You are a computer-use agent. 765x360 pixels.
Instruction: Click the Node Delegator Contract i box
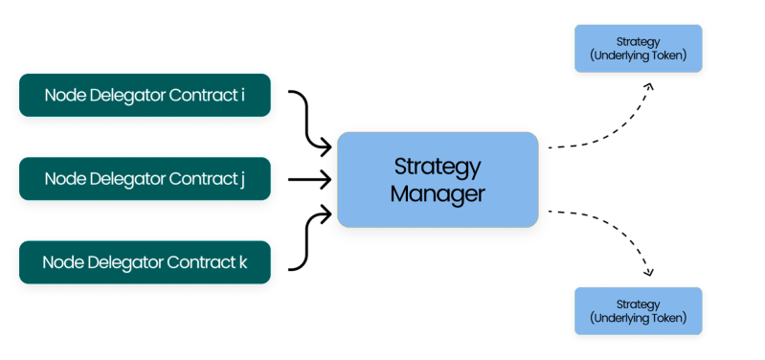[144, 95]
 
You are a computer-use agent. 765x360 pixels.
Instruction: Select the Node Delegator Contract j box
[144, 178]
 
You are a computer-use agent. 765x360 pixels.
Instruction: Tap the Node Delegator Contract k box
[144, 260]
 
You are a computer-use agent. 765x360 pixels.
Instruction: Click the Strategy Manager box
[437, 179]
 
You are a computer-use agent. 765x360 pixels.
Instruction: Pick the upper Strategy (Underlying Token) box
[637, 50]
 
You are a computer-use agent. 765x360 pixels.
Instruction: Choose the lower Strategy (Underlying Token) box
[637, 310]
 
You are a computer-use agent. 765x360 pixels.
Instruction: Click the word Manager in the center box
[437, 193]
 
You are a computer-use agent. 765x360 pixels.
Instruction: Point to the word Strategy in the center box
[437, 167]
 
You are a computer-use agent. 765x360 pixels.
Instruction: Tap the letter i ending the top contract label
[243, 95]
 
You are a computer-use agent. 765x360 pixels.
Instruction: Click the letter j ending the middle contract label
[243, 179]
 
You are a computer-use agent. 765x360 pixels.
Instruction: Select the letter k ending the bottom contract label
[242, 260]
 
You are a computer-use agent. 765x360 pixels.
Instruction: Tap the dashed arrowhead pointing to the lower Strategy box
[649, 269]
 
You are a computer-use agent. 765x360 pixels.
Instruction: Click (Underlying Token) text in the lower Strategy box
[637, 317]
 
